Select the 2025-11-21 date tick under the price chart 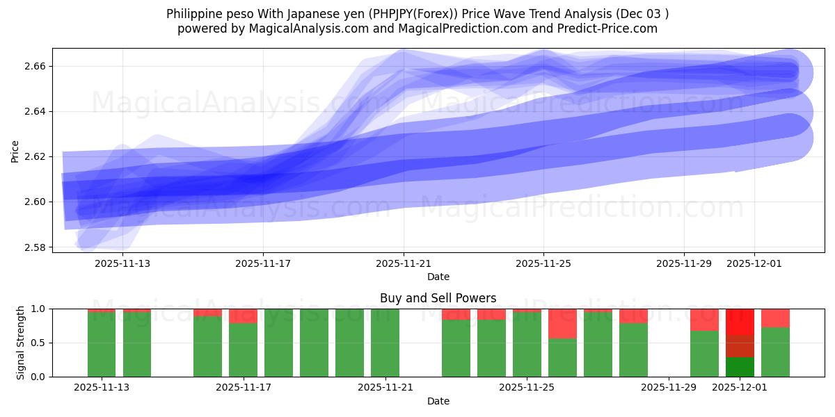point(404,263)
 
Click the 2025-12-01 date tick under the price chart point(754,263)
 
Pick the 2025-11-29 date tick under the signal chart point(668,388)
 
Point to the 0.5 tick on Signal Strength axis point(38,343)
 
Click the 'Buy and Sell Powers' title point(438,298)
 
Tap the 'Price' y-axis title point(15,150)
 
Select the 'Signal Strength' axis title point(21,343)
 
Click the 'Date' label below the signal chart point(438,401)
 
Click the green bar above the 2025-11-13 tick point(102,344)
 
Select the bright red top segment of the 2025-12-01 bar point(740,321)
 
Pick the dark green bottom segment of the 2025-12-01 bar point(740,367)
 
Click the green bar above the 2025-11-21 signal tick point(385,343)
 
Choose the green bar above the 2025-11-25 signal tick point(527,344)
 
